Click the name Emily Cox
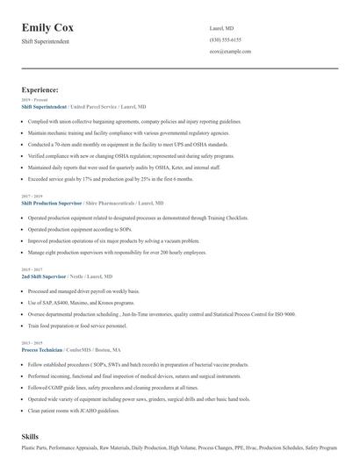point(54,27)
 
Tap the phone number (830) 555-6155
point(226,39)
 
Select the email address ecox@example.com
point(230,52)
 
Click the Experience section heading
point(40,89)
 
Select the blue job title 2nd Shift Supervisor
point(44,275)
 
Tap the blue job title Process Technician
point(41,349)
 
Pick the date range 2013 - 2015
point(32,343)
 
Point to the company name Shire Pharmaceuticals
point(121,202)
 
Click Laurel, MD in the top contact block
point(222,28)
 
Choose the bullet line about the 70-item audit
point(127,144)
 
